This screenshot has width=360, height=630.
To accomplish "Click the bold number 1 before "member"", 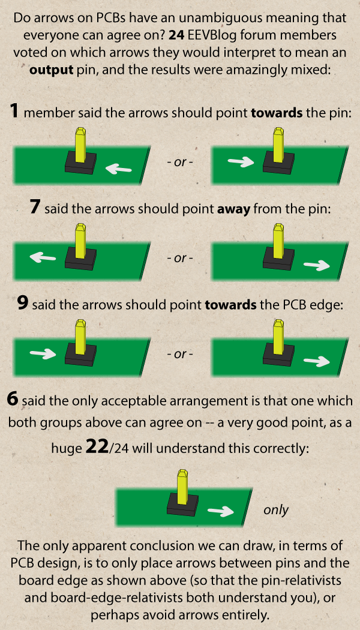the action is tap(14, 111).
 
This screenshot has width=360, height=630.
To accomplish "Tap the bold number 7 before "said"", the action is tap(35, 208).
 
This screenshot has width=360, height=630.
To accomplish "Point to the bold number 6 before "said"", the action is tap(13, 400).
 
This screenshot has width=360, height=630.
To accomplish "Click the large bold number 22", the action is tap(97, 448).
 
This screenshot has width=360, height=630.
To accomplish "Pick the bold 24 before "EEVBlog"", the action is tap(176, 35).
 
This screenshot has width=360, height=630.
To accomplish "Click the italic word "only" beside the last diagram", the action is tap(275, 510).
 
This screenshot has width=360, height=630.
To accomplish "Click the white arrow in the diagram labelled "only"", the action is tap(220, 511).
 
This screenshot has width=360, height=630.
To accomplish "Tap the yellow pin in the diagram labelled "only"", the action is tap(183, 486).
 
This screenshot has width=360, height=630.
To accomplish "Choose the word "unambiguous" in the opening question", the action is tap(213, 19).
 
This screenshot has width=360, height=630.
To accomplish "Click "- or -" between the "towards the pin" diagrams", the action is tap(180, 163).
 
